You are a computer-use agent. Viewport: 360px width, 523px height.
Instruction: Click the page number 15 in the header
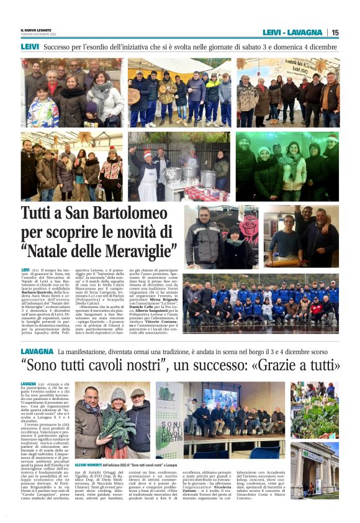click(x=335, y=32)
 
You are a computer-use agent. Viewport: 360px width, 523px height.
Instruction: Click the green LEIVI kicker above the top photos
click(x=29, y=46)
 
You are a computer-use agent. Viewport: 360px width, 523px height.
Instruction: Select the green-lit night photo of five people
click(x=287, y=166)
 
